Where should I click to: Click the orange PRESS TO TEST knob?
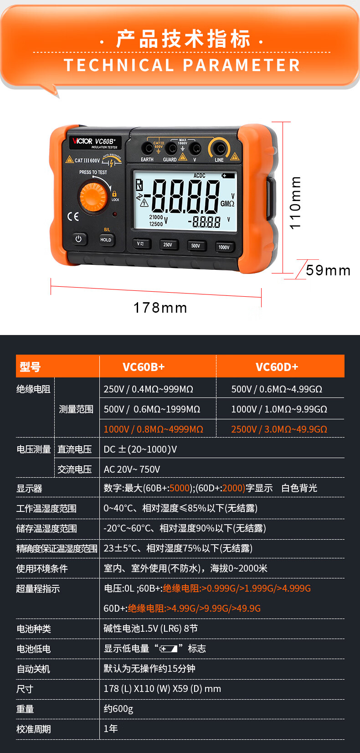[93, 196]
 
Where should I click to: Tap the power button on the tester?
[79, 239]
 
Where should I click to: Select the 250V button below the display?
[168, 245]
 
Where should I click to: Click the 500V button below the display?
[196, 246]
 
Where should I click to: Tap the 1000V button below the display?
[224, 247]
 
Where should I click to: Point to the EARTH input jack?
[147, 148]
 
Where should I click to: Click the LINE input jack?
[219, 148]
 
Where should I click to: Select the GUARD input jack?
[171, 148]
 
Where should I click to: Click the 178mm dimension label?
[160, 308]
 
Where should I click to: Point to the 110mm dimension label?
[295, 203]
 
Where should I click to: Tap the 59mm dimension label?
[328, 270]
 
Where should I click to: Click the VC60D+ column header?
[277, 367]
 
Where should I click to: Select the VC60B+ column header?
[144, 367]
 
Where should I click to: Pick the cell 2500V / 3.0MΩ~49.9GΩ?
[279, 429]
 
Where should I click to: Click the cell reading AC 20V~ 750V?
[132, 469]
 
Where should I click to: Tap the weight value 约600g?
[118, 709]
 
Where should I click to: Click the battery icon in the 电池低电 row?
[169, 649]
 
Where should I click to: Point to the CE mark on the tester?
[73, 217]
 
